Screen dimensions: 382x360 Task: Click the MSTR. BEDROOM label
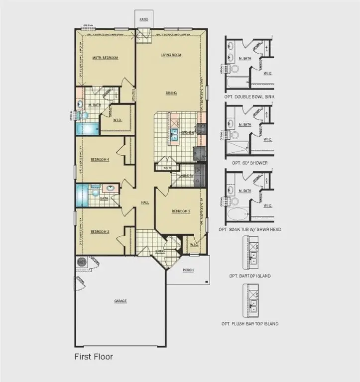[105, 58]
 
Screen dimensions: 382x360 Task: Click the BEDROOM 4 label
[100, 159]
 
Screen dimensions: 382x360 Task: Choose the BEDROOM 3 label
[100, 232]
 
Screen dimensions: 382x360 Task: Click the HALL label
[145, 202]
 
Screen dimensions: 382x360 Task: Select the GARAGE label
[120, 301]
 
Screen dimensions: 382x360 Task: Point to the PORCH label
[188, 270]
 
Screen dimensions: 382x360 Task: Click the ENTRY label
[160, 252]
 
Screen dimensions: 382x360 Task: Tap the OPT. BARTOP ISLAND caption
[250, 276]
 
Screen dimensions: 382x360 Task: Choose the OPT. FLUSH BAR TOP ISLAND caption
[250, 324]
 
